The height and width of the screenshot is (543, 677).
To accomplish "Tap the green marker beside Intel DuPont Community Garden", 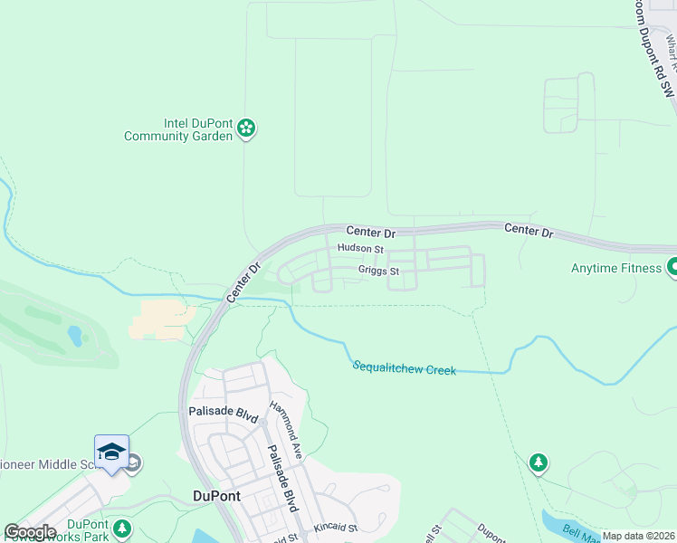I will pyautogui.click(x=246, y=129).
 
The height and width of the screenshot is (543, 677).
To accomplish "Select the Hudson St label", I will pyautogui.click(x=360, y=248).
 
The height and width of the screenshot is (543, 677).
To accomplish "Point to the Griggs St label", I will pyautogui.click(x=378, y=270).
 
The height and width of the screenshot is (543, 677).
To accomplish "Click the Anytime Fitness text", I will pyautogui.click(x=616, y=268).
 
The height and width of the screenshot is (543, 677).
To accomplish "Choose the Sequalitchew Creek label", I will pyautogui.click(x=404, y=368).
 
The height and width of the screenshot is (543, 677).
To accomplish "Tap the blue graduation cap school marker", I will pyautogui.click(x=111, y=452).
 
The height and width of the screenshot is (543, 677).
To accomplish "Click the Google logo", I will pyautogui.click(x=29, y=532).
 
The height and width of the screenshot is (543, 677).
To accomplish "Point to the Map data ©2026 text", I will pyautogui.click(x=638, y=536).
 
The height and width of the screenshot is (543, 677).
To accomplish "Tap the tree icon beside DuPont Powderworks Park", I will pyautogui.click(x=122, y=527).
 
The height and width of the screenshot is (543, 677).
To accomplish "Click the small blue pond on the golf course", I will pyautogui.click(x=75, y=336).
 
